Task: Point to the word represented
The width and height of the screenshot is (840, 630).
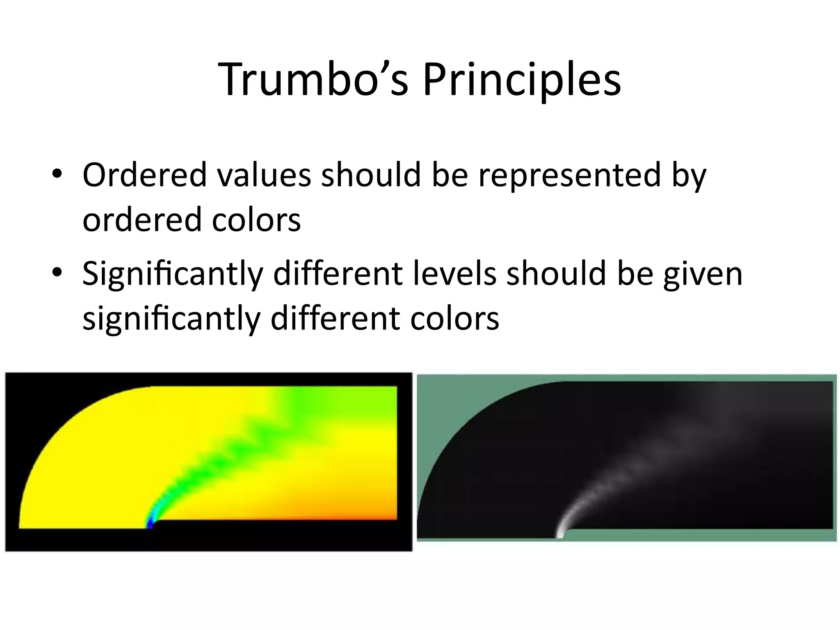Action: click(570, 176)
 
